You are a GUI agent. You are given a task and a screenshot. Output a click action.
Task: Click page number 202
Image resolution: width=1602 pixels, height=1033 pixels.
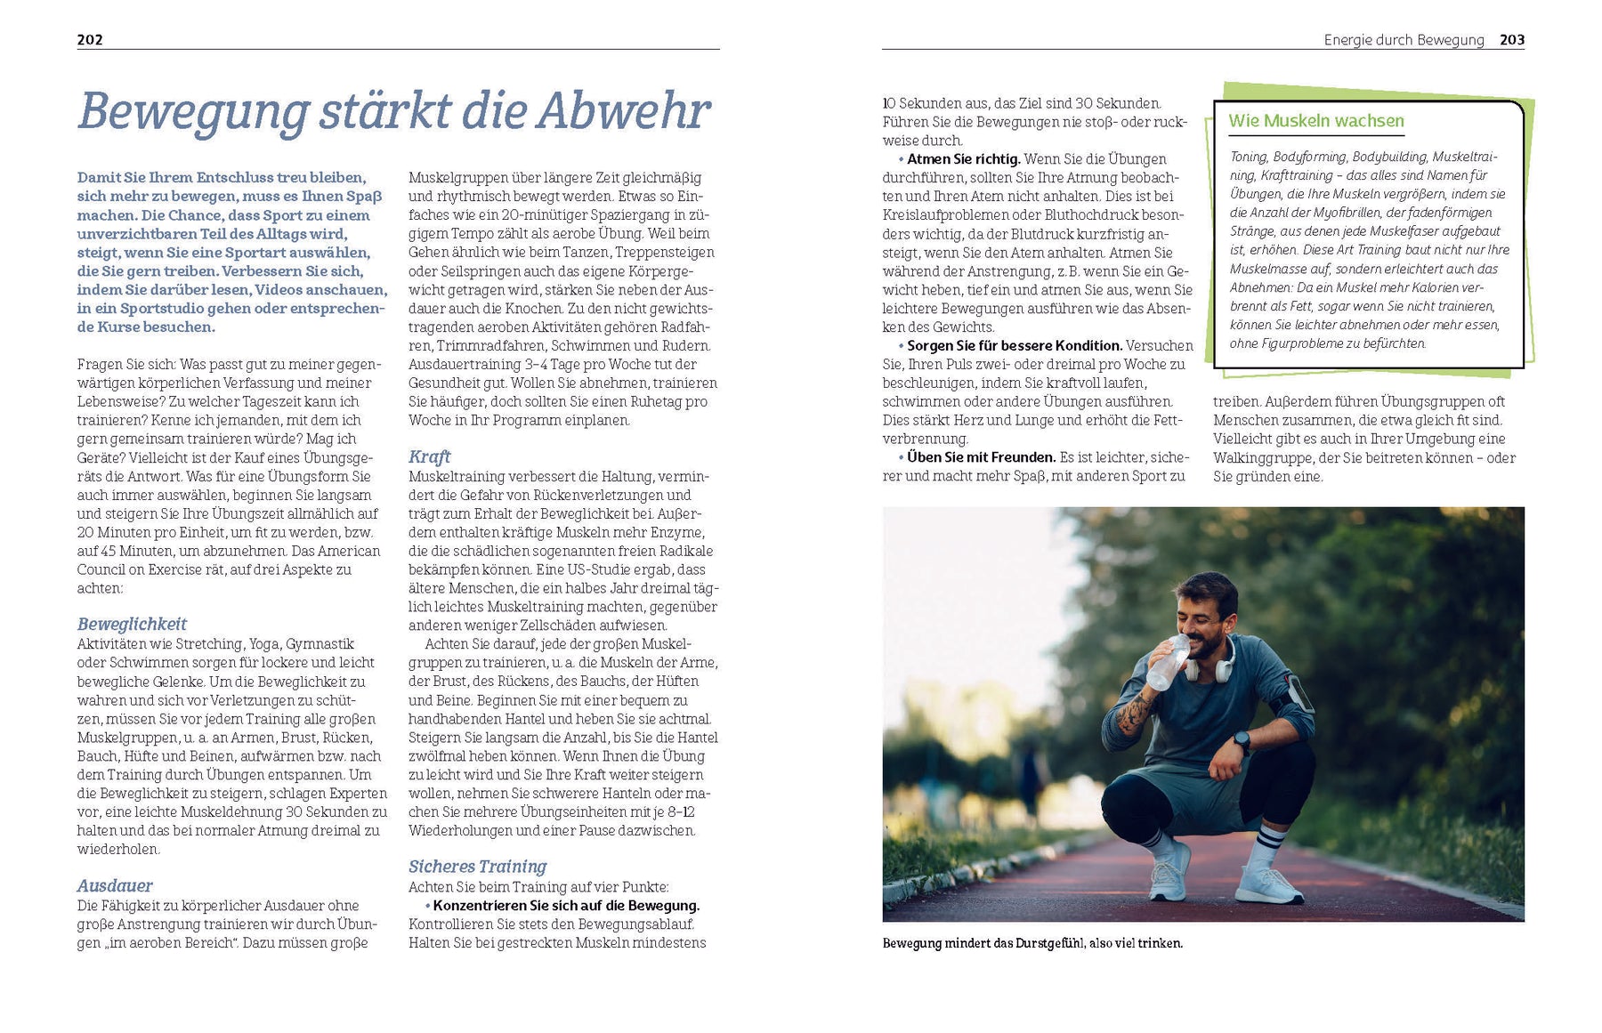click(90, 39)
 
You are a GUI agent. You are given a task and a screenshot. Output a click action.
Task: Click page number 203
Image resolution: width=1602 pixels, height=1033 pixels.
click(1511, 39)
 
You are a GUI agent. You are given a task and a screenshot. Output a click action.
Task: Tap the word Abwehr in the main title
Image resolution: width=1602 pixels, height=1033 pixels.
click(623, 112)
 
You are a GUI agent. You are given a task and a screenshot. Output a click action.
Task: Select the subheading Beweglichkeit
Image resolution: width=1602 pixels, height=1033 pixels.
click(132, 624)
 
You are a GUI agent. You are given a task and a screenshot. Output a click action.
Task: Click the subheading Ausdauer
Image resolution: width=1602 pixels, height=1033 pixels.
click(115, 885)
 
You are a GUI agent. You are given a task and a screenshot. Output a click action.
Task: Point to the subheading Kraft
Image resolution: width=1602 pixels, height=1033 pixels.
click(429, 456)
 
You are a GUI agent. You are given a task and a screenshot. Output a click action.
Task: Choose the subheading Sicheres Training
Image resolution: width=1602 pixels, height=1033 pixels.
click(477, 867)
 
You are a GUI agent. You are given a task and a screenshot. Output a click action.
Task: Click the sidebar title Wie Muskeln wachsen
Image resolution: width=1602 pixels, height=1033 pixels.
click(1315, 121)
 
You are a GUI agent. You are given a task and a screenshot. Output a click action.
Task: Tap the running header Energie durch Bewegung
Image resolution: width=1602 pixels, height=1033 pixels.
click(1404, 40)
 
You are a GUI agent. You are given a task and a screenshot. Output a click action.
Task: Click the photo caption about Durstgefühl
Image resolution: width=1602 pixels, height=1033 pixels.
click(1032, 943)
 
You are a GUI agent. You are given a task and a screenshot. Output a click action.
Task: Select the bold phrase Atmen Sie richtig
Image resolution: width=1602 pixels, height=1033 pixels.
click(963, 159)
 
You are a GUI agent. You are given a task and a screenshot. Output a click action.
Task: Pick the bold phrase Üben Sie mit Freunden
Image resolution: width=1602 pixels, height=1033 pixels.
click(981, 457)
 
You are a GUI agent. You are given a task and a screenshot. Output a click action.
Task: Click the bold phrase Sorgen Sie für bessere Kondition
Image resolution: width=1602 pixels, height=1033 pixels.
click(1014, 345)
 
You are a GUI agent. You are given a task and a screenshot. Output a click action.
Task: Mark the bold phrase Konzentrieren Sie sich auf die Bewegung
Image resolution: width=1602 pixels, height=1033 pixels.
click(566, 906)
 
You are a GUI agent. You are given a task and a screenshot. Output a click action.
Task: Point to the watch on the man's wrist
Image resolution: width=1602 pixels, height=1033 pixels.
click(1242, 740)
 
